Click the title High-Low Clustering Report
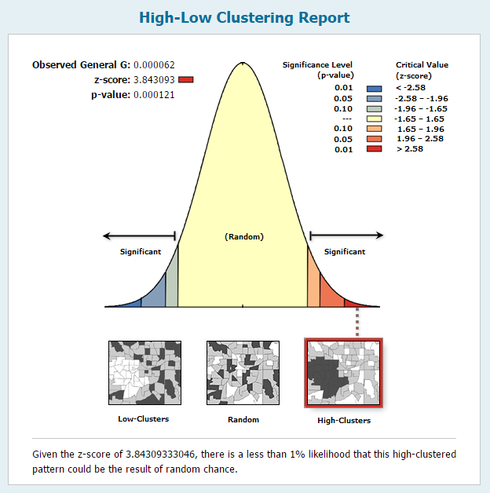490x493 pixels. tap(244, 18)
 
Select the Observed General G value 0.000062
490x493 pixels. tap(154, 65)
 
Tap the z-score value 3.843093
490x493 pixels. tap(154, 80)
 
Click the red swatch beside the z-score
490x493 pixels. tap(186, 80)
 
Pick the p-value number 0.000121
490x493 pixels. tap(154, 95)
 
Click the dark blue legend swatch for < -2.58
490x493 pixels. tap(375, 89)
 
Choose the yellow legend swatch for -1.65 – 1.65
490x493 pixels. tap(375, 119)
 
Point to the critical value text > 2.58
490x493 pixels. tap(410, 148)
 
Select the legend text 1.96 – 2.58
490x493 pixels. tap(420, 139)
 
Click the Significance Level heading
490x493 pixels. tap(318, 70)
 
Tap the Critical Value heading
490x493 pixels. tap(422, 70)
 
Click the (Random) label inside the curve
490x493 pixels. tap(244, 237)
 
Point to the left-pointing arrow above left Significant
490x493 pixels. tap(139, 236)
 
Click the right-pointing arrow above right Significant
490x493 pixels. tap(346, 236)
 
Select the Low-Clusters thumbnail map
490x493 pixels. tap(145, 373)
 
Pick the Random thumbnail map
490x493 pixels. tap(243, 373)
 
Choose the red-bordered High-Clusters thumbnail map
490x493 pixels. tap(343, 373)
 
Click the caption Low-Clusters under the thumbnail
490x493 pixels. tap(144, 419)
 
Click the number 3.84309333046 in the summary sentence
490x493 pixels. tap(160, 455)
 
